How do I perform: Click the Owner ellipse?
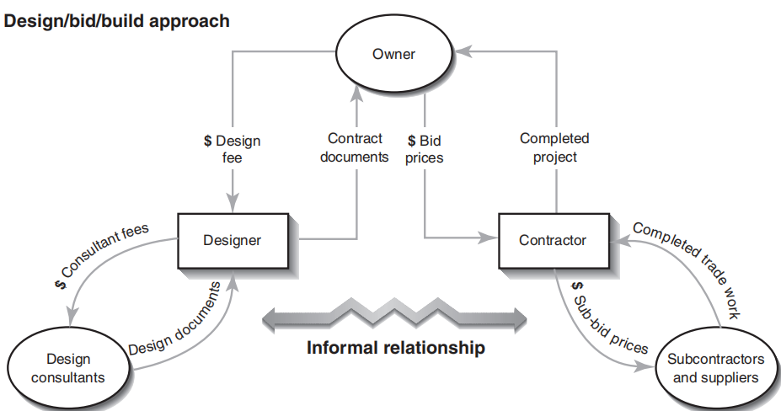pyautogui.click(x=393, y=55)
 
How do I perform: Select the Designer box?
pyautogui.click(x=232, y=240)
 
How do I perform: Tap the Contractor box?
pyautogui.click(x=552, y=240)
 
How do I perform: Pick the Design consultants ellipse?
pyautogui.click(x=68, y=368)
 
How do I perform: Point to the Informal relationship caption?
pyautogui.click(x=395, y=347)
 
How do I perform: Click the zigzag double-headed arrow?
pyautogui.click(x=394, y=318)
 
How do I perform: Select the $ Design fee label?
pyautogui.click(x=232, y=149)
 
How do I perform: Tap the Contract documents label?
pyautogui.click(x=355, y=147)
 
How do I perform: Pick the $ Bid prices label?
pyautogui.click(x=425, y=149)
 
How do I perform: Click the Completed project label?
pyautogui.click(x=554, y=147)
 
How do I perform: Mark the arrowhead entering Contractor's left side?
pyautogui.click(x=490, y=239)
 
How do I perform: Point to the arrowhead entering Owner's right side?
pyautogui.click(x=466, y=53)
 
